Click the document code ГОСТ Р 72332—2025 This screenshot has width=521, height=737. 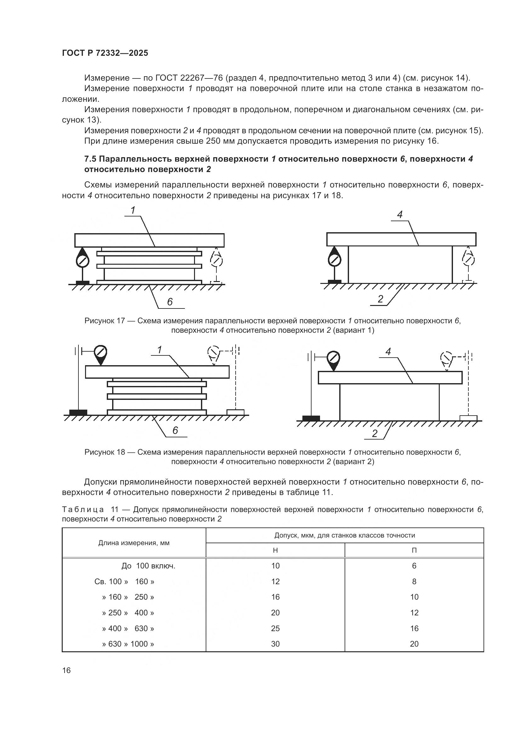click(x=105, y=53)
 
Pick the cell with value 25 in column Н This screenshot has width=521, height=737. click(x=275, y=628)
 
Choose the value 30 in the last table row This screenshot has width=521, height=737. click(x=275, y=644)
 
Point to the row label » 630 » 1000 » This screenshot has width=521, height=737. click(x=128, y=644)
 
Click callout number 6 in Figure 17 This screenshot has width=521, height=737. click(x=170, y=302)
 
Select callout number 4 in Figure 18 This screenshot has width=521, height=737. click(x=388, y=352)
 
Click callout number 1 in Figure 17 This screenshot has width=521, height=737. click(x=133, y=210)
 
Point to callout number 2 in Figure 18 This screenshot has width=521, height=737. click(x=375, y=434)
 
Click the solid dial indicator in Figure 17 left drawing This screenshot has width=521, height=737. click(x=83, y=260)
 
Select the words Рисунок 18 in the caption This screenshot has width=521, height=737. click(x=105, y=452)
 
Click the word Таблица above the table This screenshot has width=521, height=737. click(x=83, y=510)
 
